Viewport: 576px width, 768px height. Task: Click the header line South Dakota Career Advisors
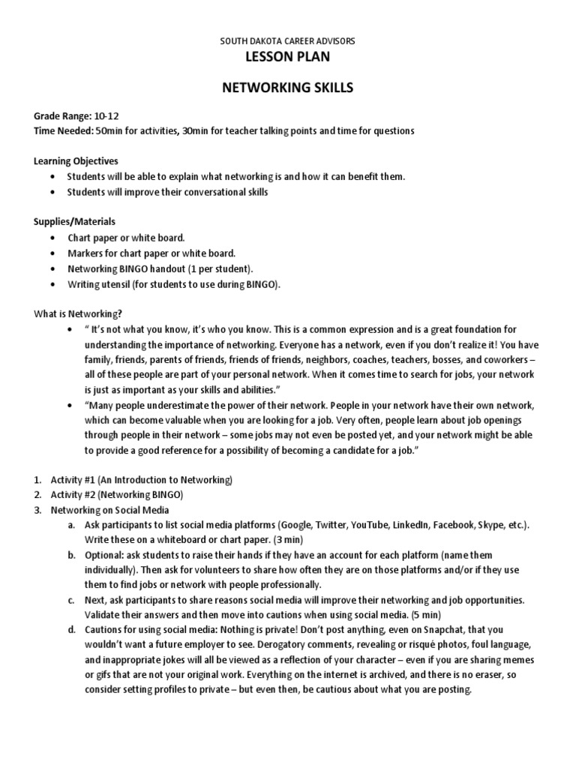(287, 40)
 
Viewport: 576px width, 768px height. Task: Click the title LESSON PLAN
(287, 58)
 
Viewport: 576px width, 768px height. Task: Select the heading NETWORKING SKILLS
(287, 88)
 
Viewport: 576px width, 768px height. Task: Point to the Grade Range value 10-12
(106, 117)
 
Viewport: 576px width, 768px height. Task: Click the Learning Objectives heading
(76, 161)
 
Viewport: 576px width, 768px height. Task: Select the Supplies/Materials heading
(74, 222)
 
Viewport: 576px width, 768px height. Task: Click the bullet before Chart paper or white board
(51, 238)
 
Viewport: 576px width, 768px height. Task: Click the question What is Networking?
(78, 313)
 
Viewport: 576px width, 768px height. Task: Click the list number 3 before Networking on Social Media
(37, 510)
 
